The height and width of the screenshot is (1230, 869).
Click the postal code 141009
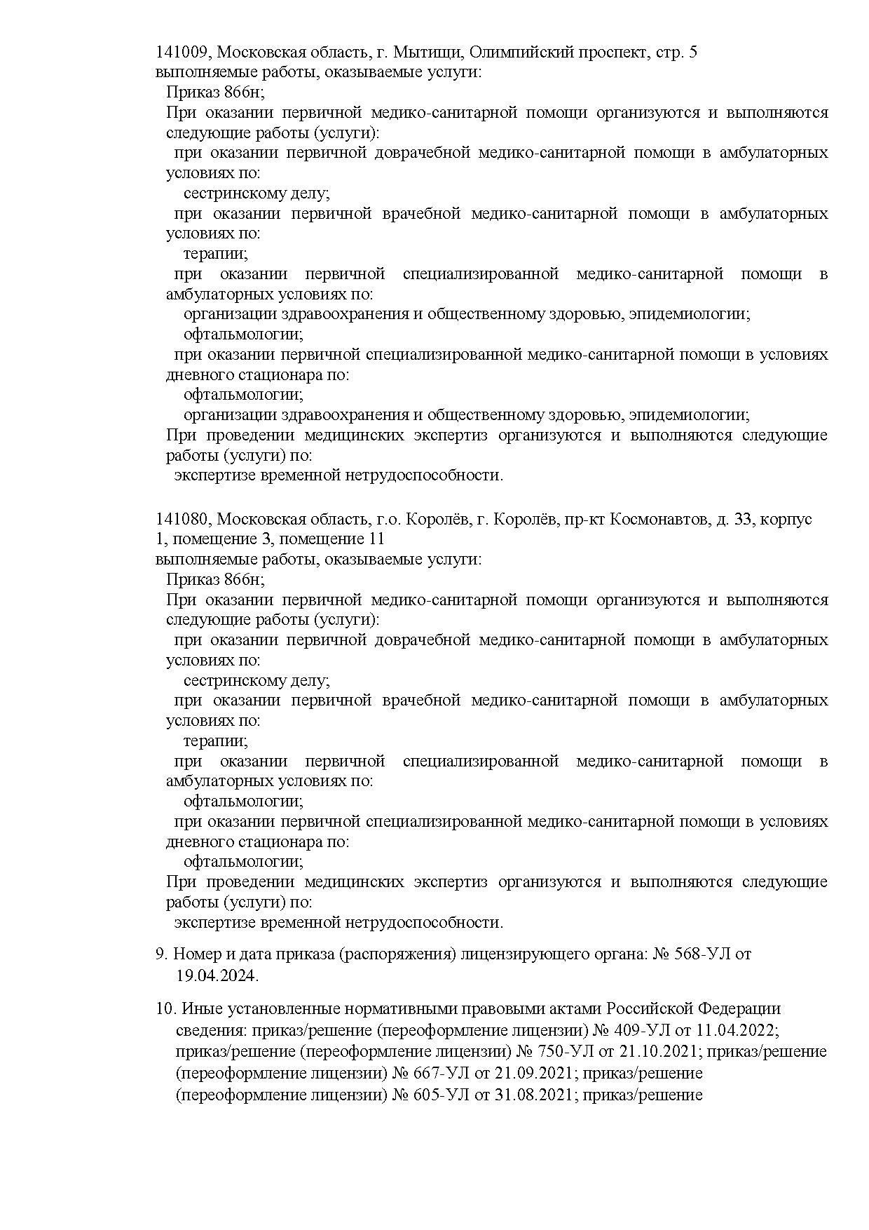[182, 53]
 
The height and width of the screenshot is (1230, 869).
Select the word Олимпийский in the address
[521, 53]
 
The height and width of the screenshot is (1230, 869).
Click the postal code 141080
[182, 520]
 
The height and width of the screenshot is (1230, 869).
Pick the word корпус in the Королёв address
[786, 520]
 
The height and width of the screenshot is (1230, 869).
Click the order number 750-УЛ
[546, 1052]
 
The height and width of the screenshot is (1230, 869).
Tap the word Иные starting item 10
[198, 1009]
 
